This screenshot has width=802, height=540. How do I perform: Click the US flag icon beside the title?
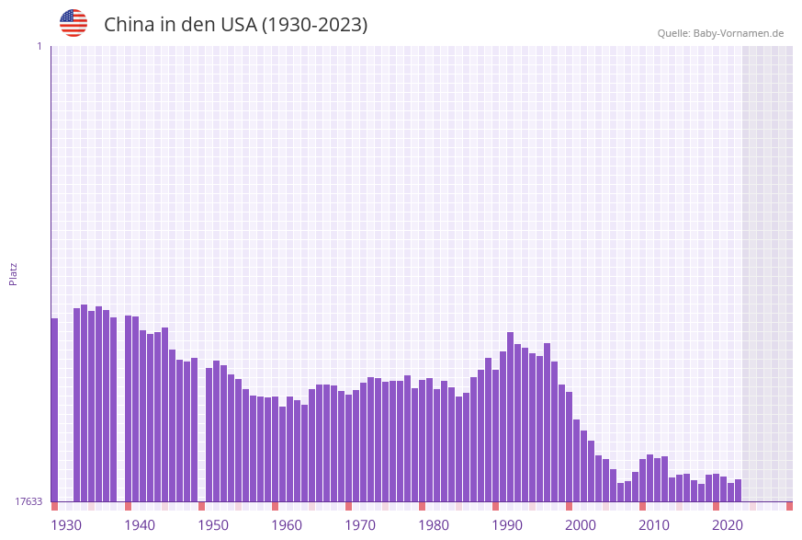click(x=73, y=23)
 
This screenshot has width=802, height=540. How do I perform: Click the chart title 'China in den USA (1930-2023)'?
click(x=235, y=25)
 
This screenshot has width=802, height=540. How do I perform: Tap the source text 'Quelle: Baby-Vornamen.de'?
click(x=720, y=33)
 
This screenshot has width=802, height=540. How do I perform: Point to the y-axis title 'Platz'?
click(x=14, y=273)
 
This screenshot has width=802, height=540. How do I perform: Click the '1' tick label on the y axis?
click(x=39, y=46)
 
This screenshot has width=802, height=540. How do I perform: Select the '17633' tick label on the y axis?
click(x=28, y=501)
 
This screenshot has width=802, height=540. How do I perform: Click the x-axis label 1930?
click(x=66, y=525)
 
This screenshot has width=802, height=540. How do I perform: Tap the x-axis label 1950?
click(x=213, y=525)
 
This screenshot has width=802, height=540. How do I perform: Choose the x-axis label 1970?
click(x=360, y=525)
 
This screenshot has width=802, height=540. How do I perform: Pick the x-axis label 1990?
click(x=507, y=525)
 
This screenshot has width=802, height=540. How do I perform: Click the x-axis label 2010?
click(x=654, y=525)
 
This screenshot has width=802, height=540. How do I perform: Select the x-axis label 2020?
click(x=728, y=525)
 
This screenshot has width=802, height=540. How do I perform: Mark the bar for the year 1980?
click(x=423, y=441)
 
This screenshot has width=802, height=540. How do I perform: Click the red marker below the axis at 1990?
click(x=496, y=506)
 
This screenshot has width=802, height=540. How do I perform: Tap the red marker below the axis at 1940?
click(x=129, y=506)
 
